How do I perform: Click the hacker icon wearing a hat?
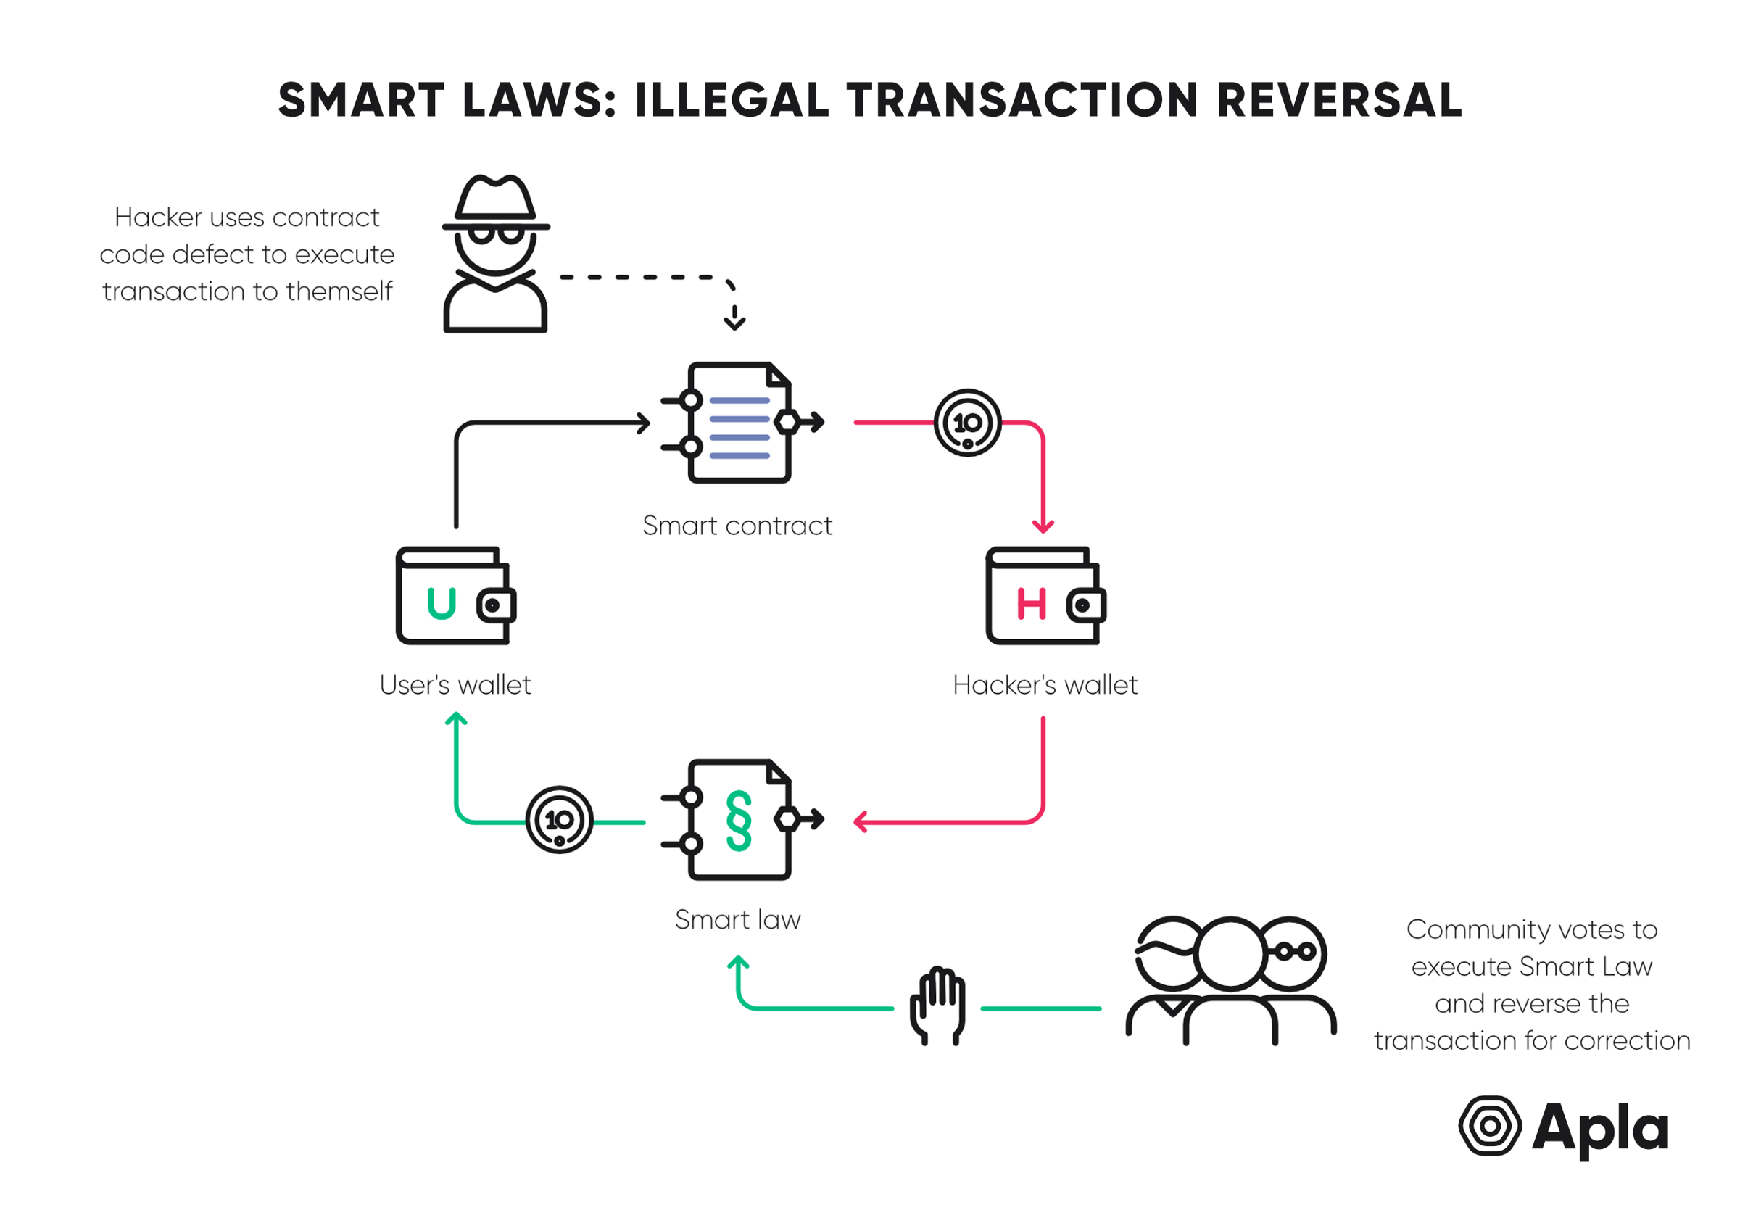tap(495, 253)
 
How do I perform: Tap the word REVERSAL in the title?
tap(1338, 100)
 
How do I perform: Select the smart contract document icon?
tap(739, 422)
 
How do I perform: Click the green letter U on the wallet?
tap(441, 604)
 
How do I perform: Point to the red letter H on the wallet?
tap(1031, 604)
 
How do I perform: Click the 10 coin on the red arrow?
tap(967, 422)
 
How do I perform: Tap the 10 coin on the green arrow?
tap(559, 819)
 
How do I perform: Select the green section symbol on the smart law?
tap(738, 820)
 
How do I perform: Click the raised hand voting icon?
tap(938, 1005)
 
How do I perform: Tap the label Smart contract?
tap(737, 525)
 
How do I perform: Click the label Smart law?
tap(737, 919)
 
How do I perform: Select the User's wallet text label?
tap(455, 684)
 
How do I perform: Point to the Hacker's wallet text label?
tap(1044, 684)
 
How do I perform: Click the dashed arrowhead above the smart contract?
tap(734, 321)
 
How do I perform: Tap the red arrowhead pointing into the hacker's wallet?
tap(1043, 526)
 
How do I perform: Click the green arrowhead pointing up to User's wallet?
tap(455, 718)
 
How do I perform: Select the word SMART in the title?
tap(362, 100)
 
